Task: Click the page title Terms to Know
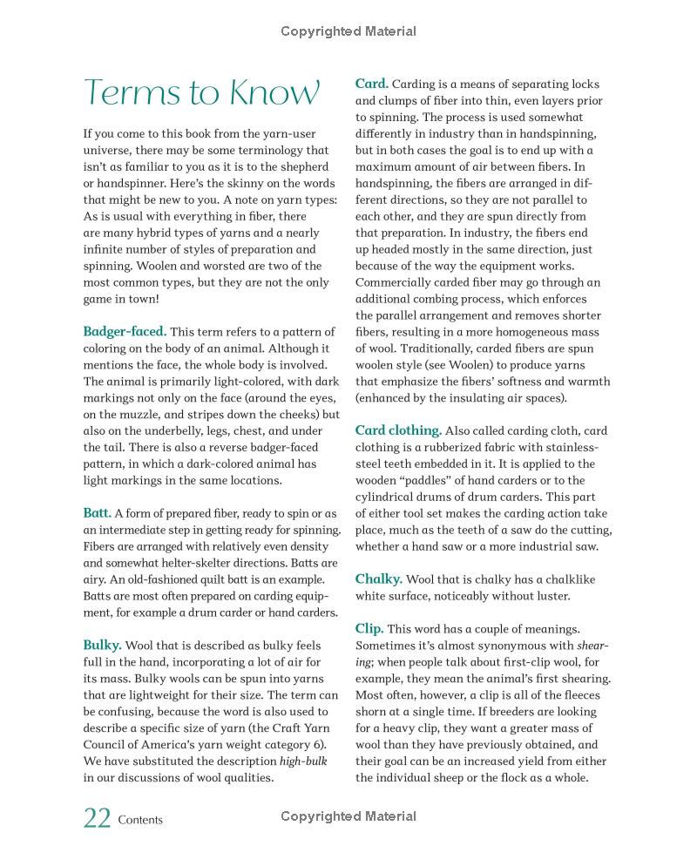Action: tap(201, 92)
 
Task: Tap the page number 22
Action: tap(97, 819)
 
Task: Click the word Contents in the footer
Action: tap(140, 820)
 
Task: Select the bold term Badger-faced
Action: tap(125, 331)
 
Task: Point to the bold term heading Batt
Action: tap(97, 513)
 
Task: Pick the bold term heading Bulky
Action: tap(102, 645)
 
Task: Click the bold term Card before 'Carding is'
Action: tap(371, 84)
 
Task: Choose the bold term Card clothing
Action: tap(398, 430)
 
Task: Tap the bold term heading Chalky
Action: tap(378, 579)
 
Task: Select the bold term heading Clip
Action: tap(369, 628)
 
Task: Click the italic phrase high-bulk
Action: tap(303, 761)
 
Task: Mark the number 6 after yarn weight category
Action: tap(321, 744)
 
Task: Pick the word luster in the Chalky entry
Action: tap(550, 596)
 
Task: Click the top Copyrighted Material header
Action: tap(348, 31)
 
